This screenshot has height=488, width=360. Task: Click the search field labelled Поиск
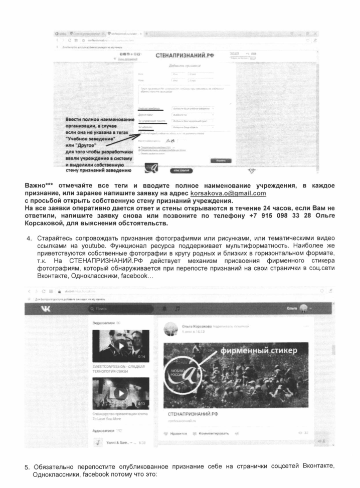123,321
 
